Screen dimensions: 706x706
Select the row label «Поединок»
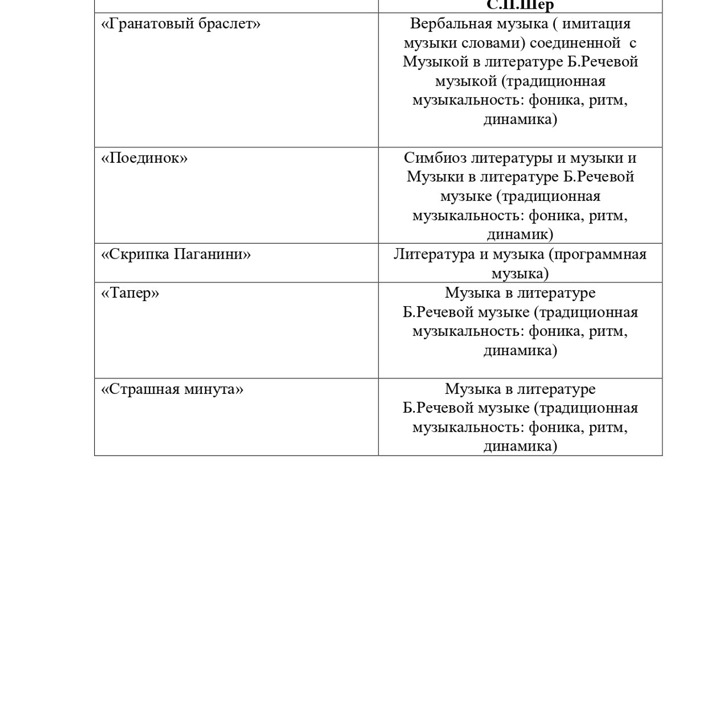coord(145,158)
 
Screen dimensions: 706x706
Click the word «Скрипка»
coord(135,254)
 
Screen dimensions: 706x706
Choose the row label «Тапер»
coord(130,293)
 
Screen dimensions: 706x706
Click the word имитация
coord(596,24)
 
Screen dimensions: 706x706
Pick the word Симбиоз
coord(435,158)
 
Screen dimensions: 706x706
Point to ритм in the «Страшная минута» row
coord(608,427)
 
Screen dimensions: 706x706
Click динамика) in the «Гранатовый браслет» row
coord(520,120)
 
